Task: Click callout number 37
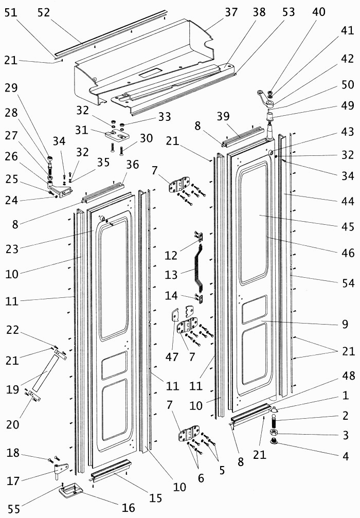point(231,12)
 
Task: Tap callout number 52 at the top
point(44,12)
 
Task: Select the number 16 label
point(129,507)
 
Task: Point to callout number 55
point(14,509)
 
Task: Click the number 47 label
point(172,357)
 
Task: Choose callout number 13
point(171,275)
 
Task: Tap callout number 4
point(346,456)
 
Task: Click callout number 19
point(12,389)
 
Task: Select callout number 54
point(348,283)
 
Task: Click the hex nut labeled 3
point(274,433)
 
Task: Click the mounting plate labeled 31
point(117,135)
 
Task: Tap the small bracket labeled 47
point(175,315)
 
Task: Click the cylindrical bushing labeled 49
point(271,117)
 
